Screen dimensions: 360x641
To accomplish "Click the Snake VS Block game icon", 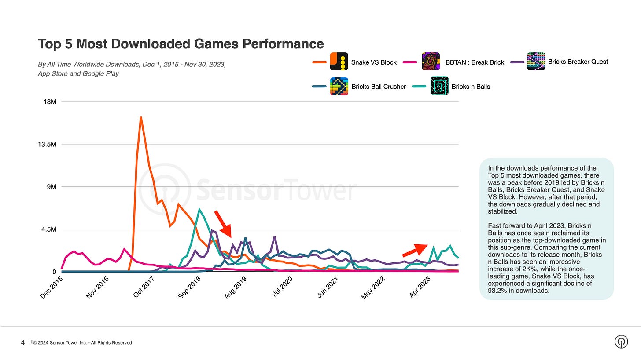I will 339,62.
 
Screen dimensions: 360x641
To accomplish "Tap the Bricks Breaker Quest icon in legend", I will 536,62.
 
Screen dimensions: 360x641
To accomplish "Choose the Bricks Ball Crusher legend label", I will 378,87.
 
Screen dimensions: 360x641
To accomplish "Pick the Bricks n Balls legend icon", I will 439,86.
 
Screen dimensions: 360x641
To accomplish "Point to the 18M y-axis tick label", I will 48,102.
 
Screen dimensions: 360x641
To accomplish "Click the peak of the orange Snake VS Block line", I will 140,117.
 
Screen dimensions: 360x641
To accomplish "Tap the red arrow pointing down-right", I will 223,224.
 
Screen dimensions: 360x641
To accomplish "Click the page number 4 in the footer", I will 23,342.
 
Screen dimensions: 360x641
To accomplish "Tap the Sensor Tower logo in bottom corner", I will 621,342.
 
